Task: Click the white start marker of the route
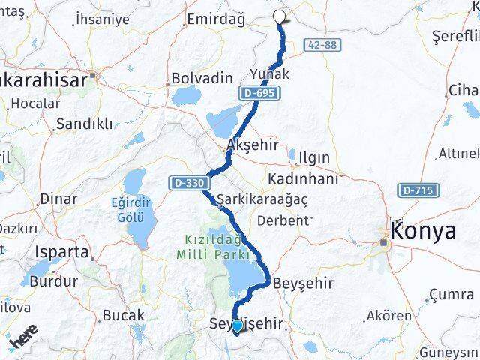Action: coord(280,17)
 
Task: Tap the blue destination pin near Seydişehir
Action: coord(237,325)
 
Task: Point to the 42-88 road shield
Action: coord(321,46)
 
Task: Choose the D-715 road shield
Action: coord(415,190)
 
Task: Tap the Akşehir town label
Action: coord(247,145)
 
